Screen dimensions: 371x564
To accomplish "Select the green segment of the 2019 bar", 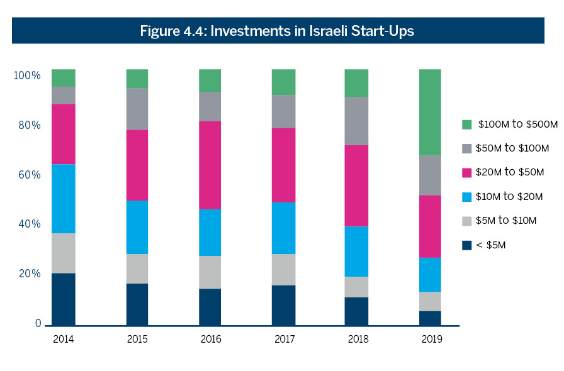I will (431, 112).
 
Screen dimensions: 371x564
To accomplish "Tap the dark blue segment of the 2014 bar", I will (64, 299).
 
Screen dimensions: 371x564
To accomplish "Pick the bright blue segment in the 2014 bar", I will (64, 199).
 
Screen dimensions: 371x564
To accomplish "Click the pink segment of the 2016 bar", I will (210, 165).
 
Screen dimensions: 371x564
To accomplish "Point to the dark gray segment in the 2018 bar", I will (356, 121).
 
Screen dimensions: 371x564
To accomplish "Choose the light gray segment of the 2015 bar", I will (137, 269).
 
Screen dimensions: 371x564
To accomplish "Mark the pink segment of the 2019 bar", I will (431, 226).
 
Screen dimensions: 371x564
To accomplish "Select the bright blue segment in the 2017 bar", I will (283, 228).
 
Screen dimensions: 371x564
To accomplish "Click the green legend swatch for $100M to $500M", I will (466, 125).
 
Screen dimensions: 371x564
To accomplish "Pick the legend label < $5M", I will (492, 245).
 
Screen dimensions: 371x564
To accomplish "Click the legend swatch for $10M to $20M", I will (466, 197).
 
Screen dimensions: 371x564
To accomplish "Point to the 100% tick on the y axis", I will (27, 75).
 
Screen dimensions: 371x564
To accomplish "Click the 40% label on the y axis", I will (27, 224).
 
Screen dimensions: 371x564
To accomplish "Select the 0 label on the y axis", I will (38, 324).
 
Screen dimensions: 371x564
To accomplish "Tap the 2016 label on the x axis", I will (210, 340).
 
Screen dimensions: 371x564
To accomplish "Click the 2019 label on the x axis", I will (432, 340).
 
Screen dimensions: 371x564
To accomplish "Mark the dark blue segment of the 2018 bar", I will (356, 311).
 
